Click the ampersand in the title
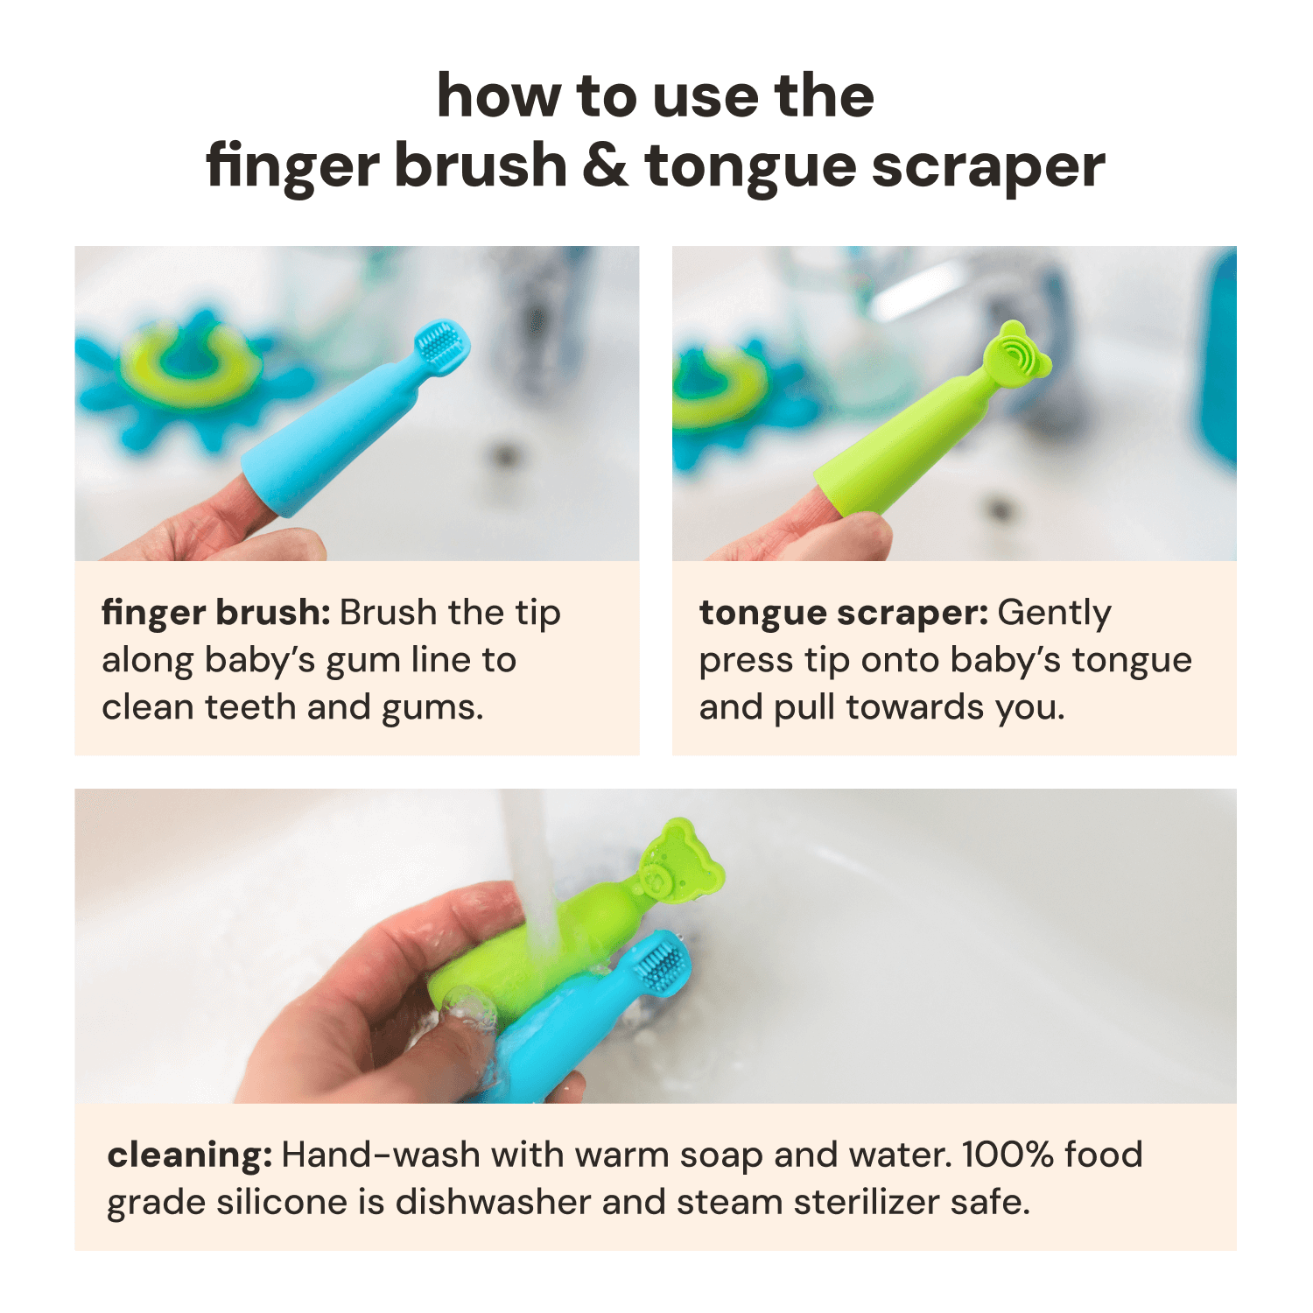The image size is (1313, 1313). (605, 165)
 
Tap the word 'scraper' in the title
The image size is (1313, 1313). (988, 167)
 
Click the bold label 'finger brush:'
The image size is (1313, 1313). (215, 613)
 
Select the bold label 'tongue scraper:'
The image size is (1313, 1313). (843, 613)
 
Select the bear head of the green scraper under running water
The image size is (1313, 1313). (678, 862)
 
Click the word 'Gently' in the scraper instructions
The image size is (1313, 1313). (1054, 613)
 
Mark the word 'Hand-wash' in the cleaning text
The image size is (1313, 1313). (381, 1155)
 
